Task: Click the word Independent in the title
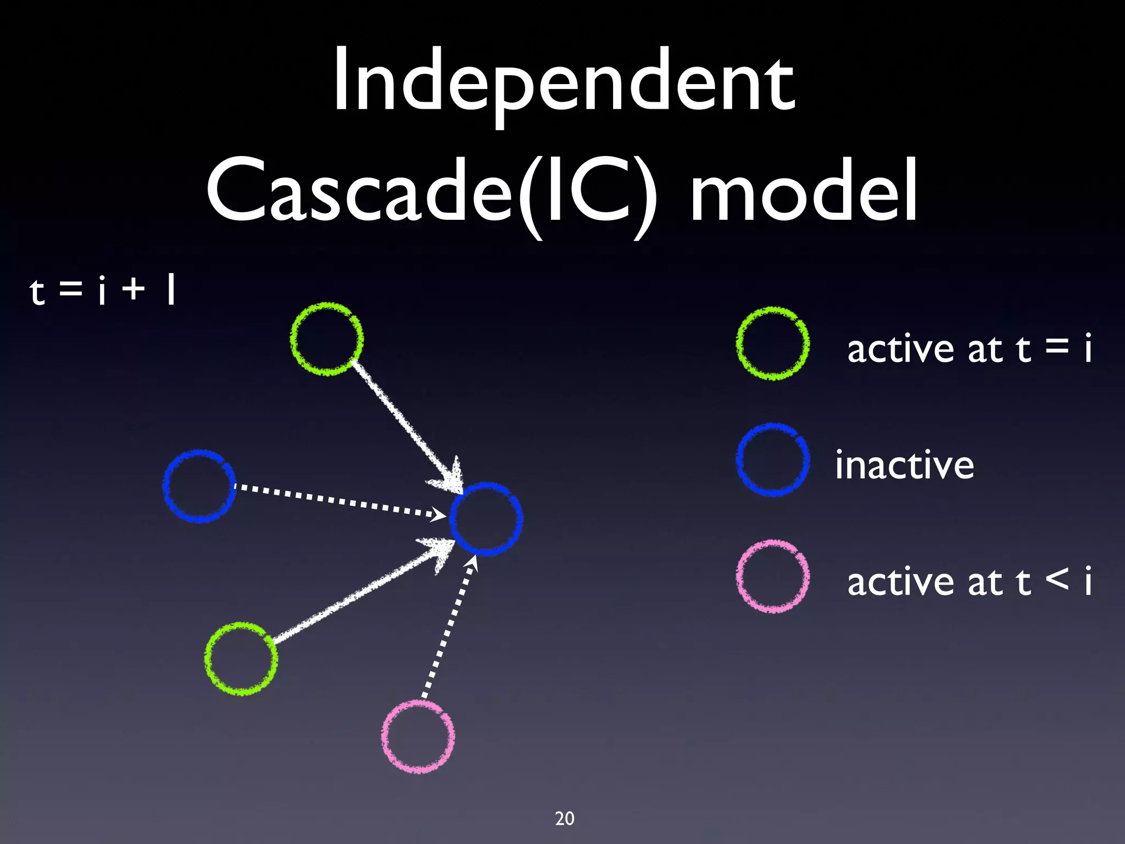(564, 82)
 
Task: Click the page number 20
(565, 818)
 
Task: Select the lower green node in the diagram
(241, 659)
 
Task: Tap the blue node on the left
(199, 486)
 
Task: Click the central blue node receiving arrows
(486, 519)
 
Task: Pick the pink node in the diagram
(418, 736)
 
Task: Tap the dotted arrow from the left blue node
(335, 500)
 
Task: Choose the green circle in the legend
(772, 343)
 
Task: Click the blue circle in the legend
(772, 459)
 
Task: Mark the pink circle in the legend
(772, 576)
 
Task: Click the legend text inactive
(904, 465)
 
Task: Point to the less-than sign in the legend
(1057, 579)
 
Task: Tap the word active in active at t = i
(901, 349)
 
